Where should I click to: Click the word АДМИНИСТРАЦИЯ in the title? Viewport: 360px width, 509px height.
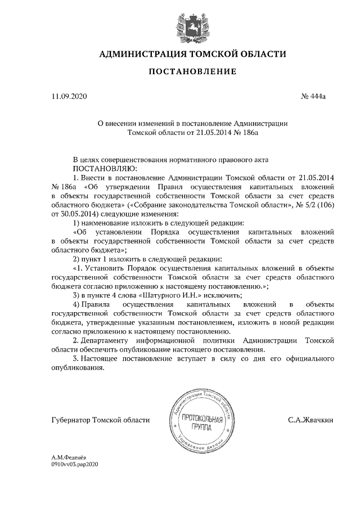tap(142, 54)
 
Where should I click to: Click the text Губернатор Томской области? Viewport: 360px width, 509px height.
tap(101, 420)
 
